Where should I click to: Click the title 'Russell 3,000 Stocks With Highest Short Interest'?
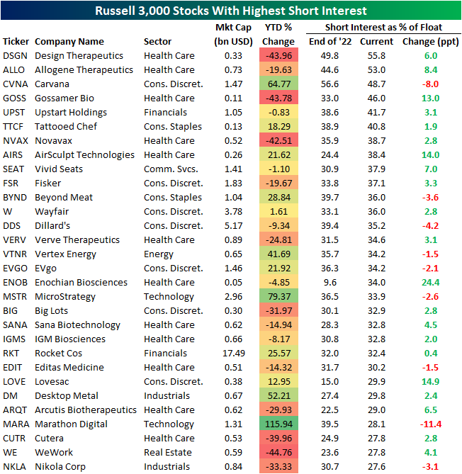(x=231, y=11)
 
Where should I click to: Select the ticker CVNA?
(x=15, y=84)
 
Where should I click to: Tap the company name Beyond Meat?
(x=64, y=197)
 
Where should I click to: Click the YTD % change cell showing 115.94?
(x=278, y=424)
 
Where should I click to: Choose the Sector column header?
(x=157, y=41)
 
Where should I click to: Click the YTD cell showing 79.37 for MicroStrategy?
(x=278, y=296)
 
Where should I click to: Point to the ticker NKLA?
(x=16, y=466)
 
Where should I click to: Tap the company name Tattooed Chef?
(x=68, y=126)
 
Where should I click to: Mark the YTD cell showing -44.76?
(x=278, y=452)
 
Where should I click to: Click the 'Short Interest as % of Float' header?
(x=383, y=27)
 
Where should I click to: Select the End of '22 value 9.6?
(x=331, y=282)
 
